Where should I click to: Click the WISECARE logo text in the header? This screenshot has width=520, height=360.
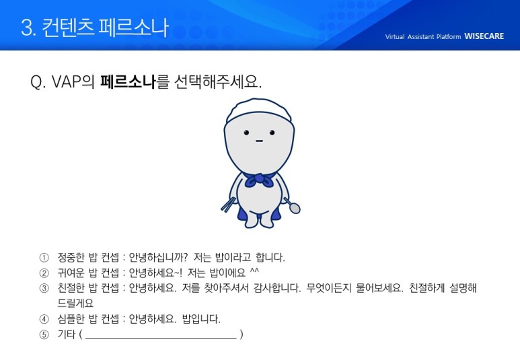point(484,36)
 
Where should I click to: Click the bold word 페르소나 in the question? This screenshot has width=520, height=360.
point(128,81)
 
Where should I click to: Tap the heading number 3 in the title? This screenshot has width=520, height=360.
point(27,27)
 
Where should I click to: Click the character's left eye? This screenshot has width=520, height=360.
point(246,133)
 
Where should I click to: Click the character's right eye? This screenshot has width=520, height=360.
point(272,133)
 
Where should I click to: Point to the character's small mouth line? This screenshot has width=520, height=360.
point(259,141)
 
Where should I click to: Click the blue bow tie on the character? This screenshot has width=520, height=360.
point(260,180)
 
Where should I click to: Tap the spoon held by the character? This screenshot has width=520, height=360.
point(293,206)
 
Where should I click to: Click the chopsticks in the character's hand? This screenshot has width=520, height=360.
point(228,205)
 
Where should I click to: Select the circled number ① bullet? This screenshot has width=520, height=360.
point(44,258)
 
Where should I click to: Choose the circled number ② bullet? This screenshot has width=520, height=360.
point(44,273)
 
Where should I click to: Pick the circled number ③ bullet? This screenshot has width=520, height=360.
point(44,288)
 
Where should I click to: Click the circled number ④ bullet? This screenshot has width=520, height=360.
point(44,319)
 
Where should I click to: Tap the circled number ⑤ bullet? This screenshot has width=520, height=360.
point(44,334)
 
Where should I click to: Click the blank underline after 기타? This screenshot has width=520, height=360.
point(161,338)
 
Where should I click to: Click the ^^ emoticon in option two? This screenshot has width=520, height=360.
point(254,271)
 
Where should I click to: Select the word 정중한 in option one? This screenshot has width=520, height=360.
point(71,258)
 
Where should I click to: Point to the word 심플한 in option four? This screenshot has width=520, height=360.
point(71,319)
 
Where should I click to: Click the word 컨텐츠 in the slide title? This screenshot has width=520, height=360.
point(68,27)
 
